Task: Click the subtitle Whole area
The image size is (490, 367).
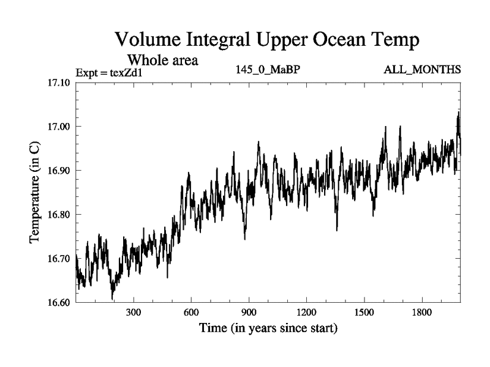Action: coord(162,61)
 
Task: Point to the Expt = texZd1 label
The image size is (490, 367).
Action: coord(108,73)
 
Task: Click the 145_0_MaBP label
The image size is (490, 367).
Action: coord(268,70)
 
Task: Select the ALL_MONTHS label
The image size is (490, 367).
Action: coord(422,70)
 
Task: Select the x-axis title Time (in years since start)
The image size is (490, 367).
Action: coord(268,328)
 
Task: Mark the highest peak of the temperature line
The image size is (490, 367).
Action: coord(458,113)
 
